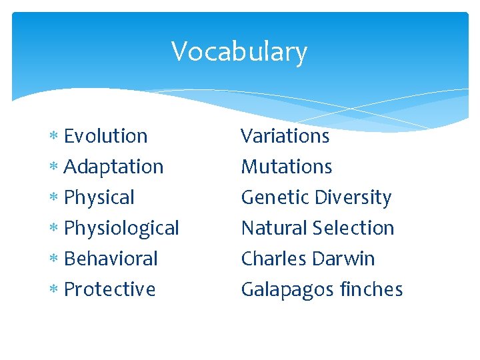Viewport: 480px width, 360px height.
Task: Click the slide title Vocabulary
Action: pos(239,52)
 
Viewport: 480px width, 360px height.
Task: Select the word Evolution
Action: pos(105,136)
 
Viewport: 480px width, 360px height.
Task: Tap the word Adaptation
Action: pos(113,167)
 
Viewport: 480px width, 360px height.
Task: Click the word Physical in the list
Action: pos(99,198)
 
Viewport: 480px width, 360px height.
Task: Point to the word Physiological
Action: pos(121,229)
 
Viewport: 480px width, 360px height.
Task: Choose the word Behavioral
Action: pos(111,259)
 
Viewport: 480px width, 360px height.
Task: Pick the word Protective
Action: pos(109,289)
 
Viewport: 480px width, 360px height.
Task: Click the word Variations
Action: pos(285,136)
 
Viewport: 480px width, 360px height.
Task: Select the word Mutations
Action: pos(287,167)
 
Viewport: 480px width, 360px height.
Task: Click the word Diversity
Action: pos(353,198)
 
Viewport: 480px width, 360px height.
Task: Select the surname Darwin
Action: pos(345,259)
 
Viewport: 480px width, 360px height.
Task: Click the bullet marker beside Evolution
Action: pos(54,137)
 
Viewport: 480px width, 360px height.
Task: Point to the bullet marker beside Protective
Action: pos(54,290)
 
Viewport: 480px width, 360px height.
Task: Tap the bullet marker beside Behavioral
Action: pos(54,259)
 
